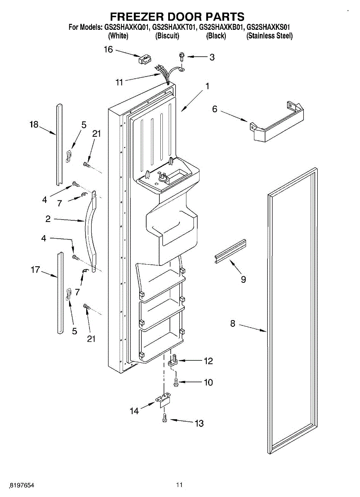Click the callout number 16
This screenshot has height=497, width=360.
pos(108,50)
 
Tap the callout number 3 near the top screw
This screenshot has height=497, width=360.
pos(212,58)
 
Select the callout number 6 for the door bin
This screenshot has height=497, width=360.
pos(215,109)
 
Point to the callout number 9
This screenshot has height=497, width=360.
pos(243,280)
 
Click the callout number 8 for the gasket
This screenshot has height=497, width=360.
pos(233,323)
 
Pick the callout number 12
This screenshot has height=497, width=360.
pos(208,361)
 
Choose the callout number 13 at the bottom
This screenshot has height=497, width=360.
pos(199,423)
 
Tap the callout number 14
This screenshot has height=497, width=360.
pos(134,411)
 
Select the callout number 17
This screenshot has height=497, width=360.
pos(35,270)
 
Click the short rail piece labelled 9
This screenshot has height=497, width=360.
pos(230,251)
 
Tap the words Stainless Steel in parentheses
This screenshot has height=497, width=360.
pos(269,36)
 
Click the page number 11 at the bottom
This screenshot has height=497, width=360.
pos(179,485)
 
